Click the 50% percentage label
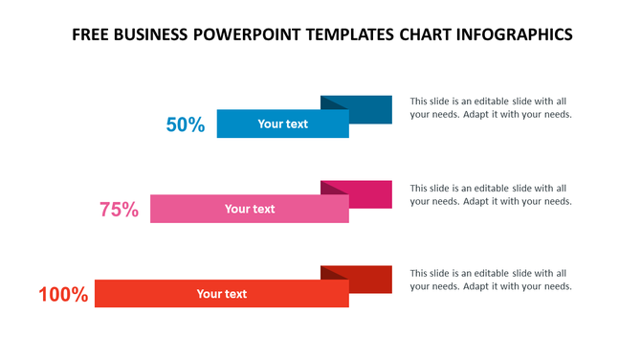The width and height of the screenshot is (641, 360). [x=186, y=124]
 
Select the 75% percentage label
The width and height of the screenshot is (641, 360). [x=120, y=210]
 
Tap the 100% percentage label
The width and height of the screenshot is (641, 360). [x=63, y=295]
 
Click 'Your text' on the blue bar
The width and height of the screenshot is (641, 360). [x=283, y=124]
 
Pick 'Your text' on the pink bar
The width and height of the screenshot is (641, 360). [x=250, y=209]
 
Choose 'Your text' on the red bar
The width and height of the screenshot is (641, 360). [x=222, y=294]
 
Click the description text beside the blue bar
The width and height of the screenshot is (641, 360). [x=491, y=107]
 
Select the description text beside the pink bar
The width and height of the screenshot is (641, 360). [x=491, y=194]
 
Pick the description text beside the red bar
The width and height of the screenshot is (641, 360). [x=491, y=280]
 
